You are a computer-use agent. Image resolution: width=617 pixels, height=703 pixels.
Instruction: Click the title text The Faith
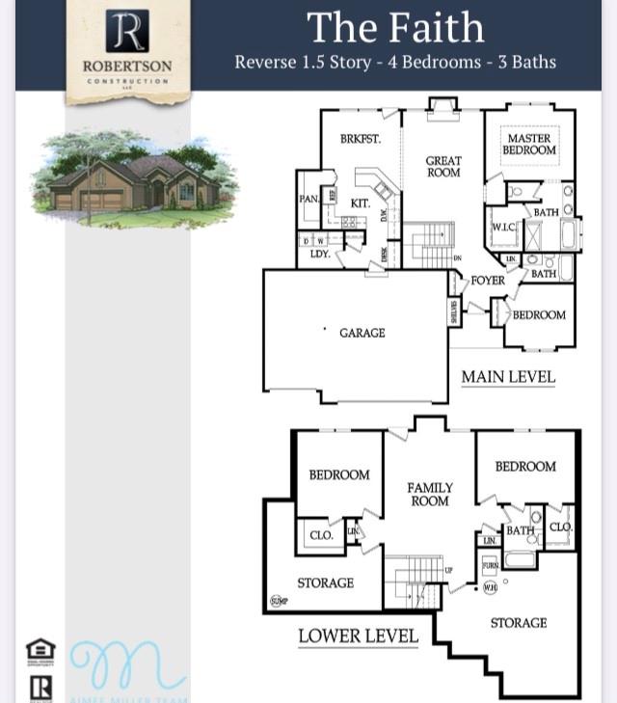(395, 27)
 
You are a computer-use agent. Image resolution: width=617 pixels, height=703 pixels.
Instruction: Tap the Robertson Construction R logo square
(127, 32)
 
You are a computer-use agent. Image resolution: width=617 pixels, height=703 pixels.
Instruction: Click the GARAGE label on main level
(362, 333)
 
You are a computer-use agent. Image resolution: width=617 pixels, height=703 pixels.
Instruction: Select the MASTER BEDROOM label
(529, 145)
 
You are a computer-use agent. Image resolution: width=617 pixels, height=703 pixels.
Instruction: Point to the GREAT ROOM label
(443, 167)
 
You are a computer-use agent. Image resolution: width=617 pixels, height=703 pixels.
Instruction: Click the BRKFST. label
(361, 139)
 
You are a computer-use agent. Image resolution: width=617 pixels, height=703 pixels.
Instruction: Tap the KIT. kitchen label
(360, 203)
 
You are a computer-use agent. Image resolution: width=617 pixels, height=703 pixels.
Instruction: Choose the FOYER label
(488, 281)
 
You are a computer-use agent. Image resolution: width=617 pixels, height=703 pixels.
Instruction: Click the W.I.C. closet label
(505, 228)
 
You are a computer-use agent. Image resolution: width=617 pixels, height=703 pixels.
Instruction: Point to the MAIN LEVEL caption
(508, 376)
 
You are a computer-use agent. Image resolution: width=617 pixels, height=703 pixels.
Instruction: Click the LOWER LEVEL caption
(358, 635)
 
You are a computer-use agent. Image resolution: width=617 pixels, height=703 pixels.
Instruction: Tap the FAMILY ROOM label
(430, 495)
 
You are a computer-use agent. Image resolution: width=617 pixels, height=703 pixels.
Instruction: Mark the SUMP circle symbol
(279, 601)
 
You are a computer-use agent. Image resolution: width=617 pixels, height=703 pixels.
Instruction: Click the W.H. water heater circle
(491, 587)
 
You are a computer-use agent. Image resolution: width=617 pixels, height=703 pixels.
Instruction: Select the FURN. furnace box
(490, 565)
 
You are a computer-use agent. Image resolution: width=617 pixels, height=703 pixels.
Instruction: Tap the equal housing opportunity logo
(40, 652)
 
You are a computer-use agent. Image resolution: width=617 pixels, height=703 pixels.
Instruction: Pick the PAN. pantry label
(308, 199)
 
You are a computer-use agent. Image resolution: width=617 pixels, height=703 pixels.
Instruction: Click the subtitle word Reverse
(267, 62)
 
